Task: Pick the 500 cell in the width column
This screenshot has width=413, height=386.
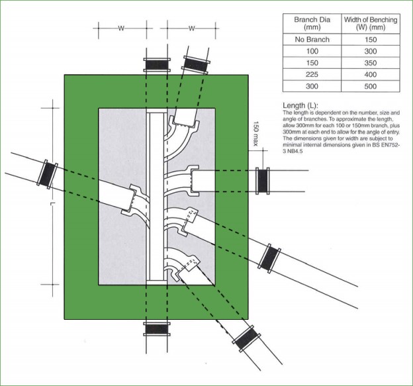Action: [371, 87]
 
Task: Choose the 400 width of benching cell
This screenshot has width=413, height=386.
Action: [371, 75]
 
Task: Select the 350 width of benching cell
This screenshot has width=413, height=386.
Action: [371, 63]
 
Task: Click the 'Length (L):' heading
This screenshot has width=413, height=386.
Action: [300, 106]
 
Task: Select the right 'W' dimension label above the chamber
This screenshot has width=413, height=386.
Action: [191, 28]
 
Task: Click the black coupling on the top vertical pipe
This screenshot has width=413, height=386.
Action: [156, 65]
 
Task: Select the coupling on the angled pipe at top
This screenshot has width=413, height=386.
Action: [196, 65]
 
